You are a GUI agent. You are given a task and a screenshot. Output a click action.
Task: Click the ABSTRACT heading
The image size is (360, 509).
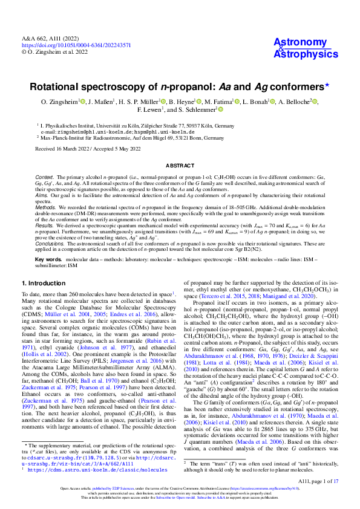coord(180,164)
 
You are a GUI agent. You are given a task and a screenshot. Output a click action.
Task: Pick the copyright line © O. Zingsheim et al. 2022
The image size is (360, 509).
coord(55,53)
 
